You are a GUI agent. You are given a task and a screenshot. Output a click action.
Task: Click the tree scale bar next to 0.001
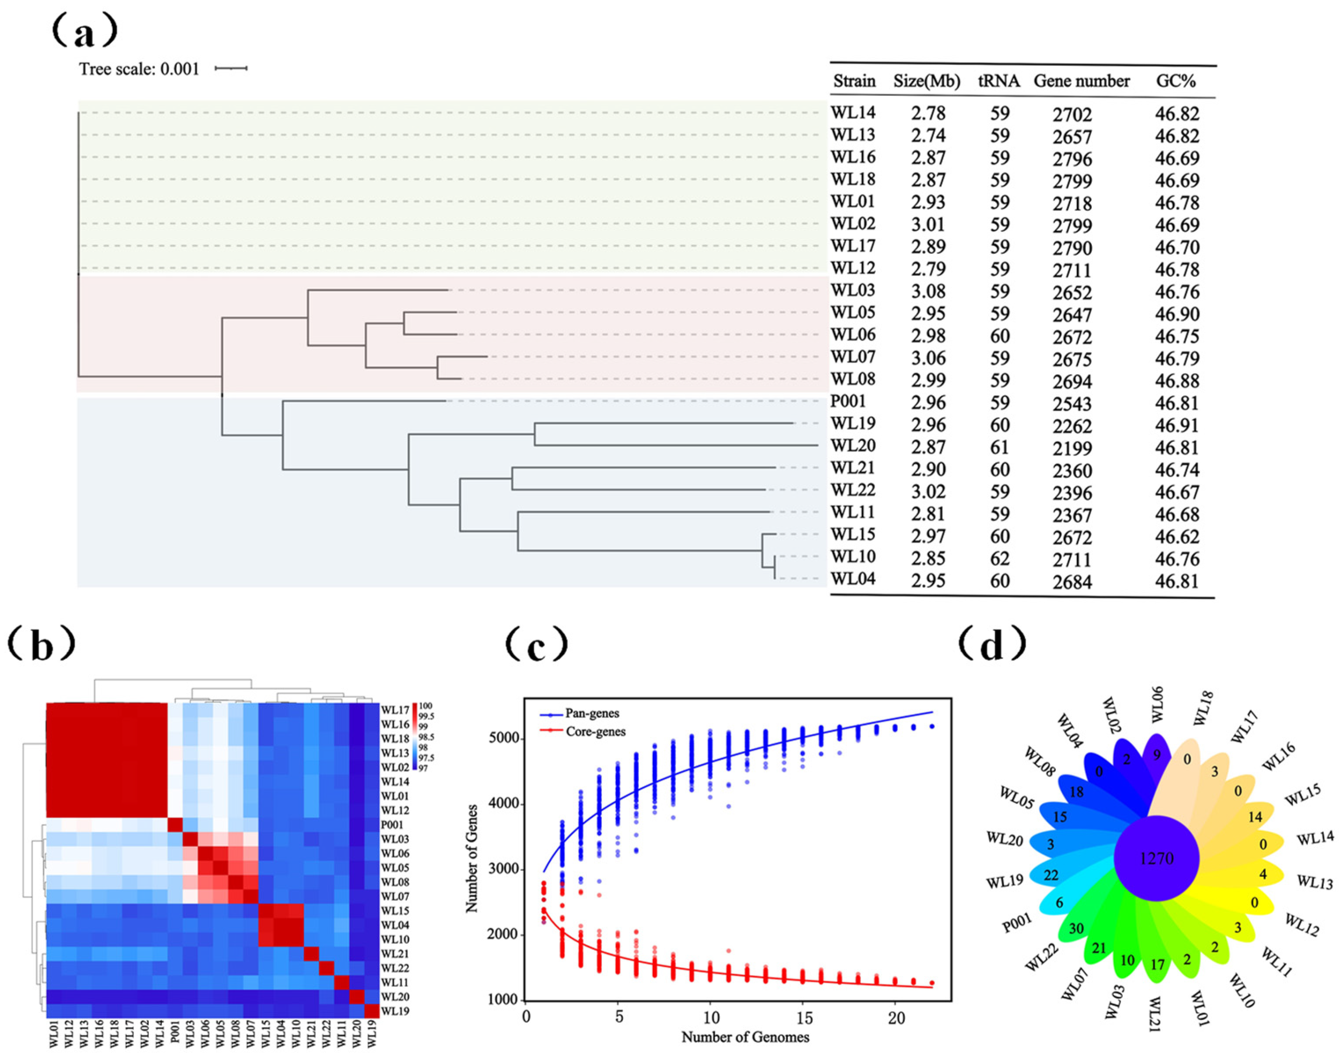pos(231,68)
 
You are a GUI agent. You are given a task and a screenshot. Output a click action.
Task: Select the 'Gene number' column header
pos(1081,81)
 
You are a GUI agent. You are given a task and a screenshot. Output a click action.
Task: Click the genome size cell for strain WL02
pos(928,224)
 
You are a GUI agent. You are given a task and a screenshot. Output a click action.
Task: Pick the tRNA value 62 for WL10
pos(1000,558)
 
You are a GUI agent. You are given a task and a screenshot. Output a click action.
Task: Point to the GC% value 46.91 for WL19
pos(1177,426)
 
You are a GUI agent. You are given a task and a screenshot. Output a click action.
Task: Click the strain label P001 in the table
pos(848,402)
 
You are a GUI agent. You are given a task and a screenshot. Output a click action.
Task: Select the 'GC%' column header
pos(1175,81)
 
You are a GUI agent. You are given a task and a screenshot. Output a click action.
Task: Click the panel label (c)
pos(536,644)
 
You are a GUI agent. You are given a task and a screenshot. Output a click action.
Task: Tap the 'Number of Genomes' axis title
pos(745,1037)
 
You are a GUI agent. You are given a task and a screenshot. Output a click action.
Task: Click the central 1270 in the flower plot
pos(1156,859)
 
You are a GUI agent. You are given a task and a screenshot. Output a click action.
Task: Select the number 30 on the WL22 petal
pos(1076,929)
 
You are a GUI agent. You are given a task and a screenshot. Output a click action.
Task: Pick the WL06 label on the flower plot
pos(1157,704)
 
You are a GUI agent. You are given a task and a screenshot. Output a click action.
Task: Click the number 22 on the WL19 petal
pos(1051,875)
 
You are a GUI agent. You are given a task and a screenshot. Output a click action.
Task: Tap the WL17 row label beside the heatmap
pos(394,710)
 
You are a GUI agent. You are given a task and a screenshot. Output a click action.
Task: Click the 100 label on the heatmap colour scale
pos(426,706)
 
